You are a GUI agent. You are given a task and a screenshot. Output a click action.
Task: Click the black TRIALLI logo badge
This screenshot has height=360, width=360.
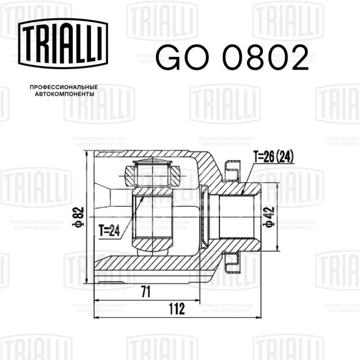63,43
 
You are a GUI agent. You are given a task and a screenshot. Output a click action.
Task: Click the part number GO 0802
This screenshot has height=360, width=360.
232,57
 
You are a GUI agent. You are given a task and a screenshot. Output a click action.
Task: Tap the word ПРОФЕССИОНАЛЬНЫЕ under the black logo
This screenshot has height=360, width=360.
64,87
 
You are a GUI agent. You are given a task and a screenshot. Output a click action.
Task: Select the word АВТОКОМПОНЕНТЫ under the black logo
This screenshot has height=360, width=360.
65,94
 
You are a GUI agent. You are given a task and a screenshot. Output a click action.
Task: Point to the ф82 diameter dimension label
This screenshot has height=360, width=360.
78,217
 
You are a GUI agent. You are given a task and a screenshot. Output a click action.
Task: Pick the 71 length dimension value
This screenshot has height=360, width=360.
146,292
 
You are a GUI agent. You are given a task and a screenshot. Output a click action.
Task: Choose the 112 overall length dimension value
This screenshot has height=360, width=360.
177,309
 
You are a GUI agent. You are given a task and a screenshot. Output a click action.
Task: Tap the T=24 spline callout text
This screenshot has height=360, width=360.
109,230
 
